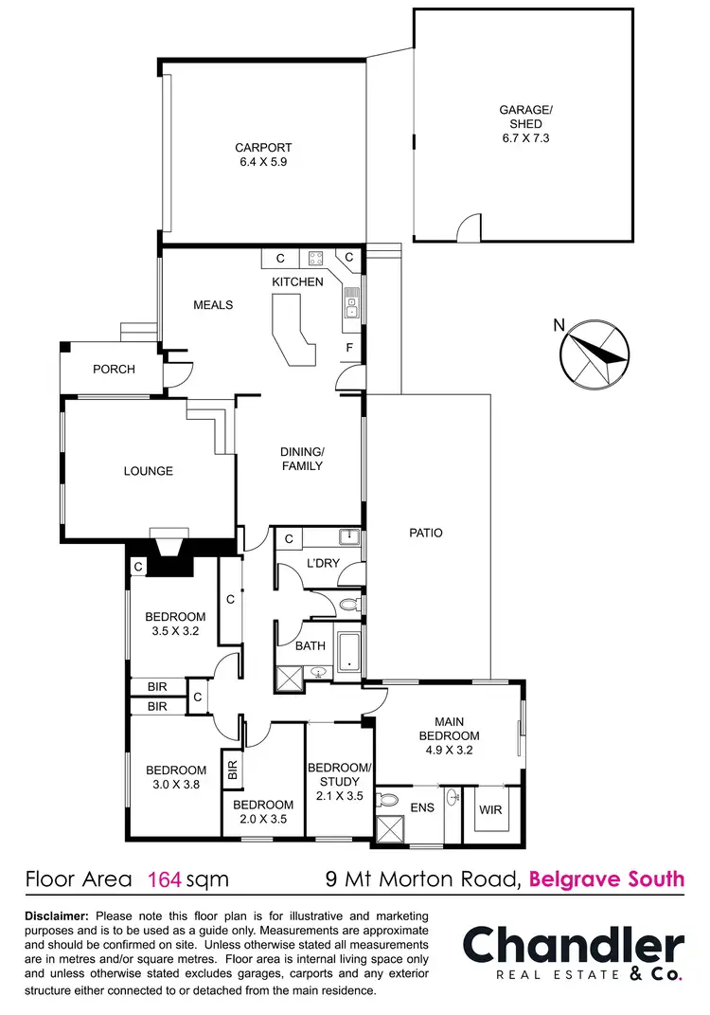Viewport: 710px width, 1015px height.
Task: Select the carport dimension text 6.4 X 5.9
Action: [x=263, y=162]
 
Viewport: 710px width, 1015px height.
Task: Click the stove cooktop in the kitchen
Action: [x=314, y=258]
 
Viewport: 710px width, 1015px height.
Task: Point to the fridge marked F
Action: [x=349, y=347]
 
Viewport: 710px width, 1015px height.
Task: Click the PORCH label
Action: [x=114, y=370]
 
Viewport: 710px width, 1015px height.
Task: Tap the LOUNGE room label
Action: [x=149, y=471]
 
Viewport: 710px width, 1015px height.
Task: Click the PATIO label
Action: [x=427, y=533]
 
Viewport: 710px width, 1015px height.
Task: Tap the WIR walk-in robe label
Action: [x=489, y=811]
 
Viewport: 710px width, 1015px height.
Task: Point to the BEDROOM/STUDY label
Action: [x=334, y=774]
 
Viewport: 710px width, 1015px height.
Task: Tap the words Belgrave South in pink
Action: [x=606, y=879]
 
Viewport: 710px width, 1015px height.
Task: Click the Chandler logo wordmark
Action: [x=573, y=946]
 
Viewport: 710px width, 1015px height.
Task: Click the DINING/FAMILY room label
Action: [x=302, y=459]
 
